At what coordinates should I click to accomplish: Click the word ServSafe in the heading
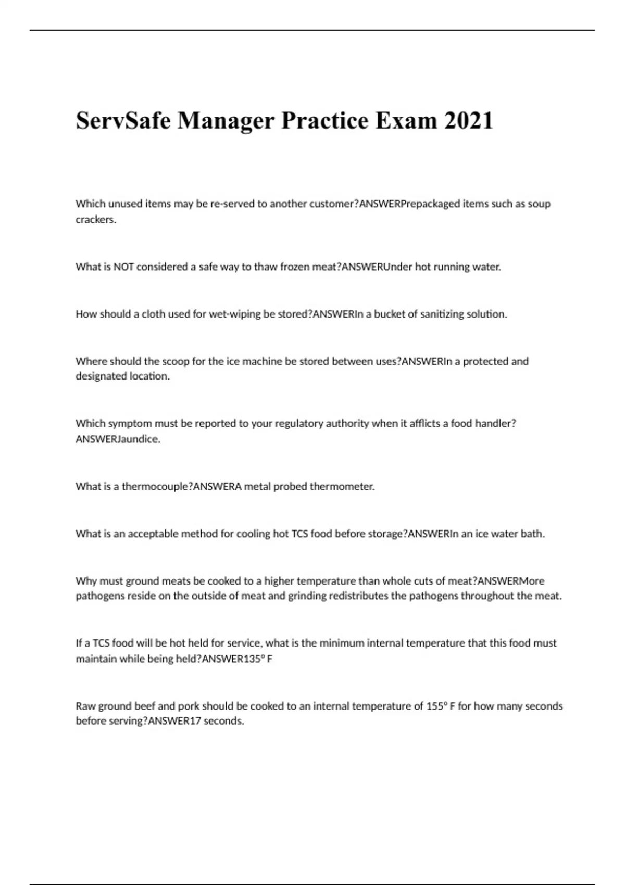point(123,121)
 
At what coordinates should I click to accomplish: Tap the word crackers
point(96,220)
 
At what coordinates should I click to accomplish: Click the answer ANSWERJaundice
point(118,439)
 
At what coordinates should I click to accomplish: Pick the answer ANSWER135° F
point(237,659)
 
